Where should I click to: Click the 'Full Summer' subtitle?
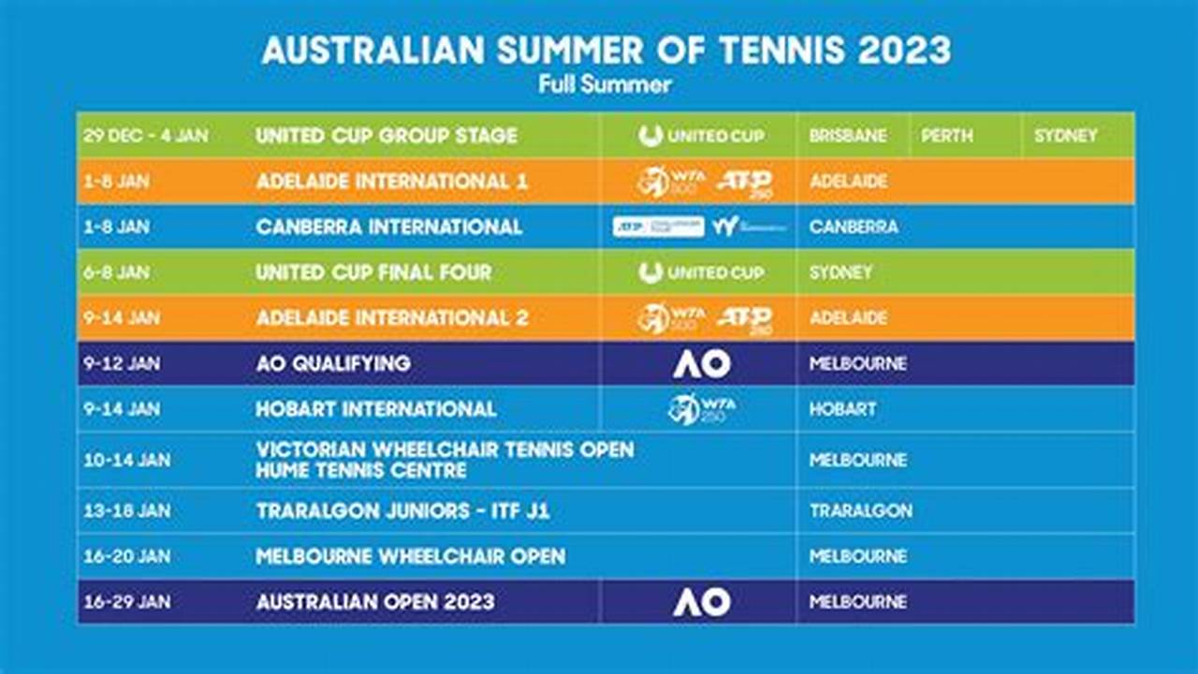tap(605, 84)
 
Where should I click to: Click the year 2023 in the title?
tap(904, 50)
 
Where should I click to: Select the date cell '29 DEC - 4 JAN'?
tap(145, 136)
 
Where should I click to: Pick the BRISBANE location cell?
tap(848, 136)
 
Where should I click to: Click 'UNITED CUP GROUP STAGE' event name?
tap(386, 136)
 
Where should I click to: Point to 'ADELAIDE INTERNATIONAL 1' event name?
tap(391, 182)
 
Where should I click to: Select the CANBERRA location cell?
tap(854, 227)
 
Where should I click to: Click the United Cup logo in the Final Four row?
tap(702, 272)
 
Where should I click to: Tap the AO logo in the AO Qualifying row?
tap(702, 363)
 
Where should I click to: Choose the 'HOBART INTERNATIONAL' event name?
tap(376, 409)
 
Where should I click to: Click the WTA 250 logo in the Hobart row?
tap(702, 409)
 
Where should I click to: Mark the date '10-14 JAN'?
tap(126, 460)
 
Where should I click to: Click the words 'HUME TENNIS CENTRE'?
tap(361, 471)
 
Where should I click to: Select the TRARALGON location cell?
tap(860, 511)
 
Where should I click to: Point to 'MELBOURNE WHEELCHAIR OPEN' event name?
tap(410, 557)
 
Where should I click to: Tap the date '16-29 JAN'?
tap(126, 602)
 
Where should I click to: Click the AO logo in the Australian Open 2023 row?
tap(702, 602)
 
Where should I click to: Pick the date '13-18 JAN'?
tap(126, 511)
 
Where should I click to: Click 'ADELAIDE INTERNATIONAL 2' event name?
tap(392, 318)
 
